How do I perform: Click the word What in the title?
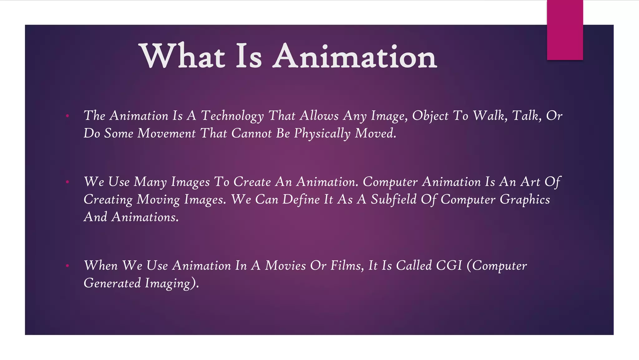pos(183,56)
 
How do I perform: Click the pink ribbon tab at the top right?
pos(565,30)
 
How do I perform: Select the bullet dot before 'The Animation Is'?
pos(67,116)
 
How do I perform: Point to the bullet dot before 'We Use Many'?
pos(67,182)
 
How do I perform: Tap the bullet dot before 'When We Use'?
pos(67,266)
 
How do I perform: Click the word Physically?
pos(322,134)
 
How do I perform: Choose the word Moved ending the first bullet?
pos(375,133)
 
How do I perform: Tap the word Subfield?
pos(393,200)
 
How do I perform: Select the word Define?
pos(301,200)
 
